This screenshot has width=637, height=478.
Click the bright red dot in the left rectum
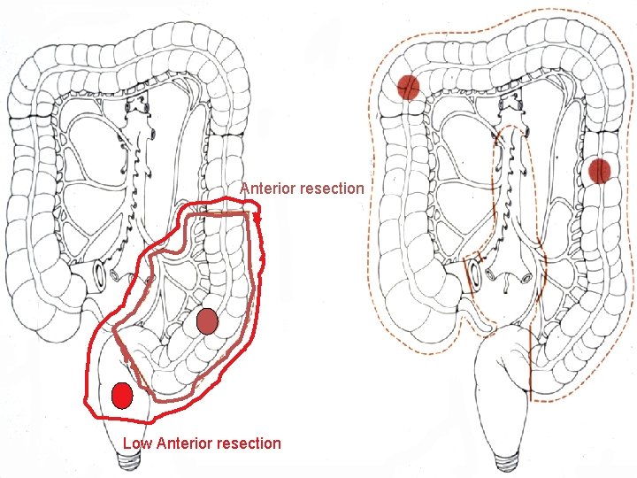122,395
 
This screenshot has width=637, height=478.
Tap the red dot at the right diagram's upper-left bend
408,87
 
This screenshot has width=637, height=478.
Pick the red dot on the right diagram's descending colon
602,171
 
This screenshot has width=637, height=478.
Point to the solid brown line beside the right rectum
530,363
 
